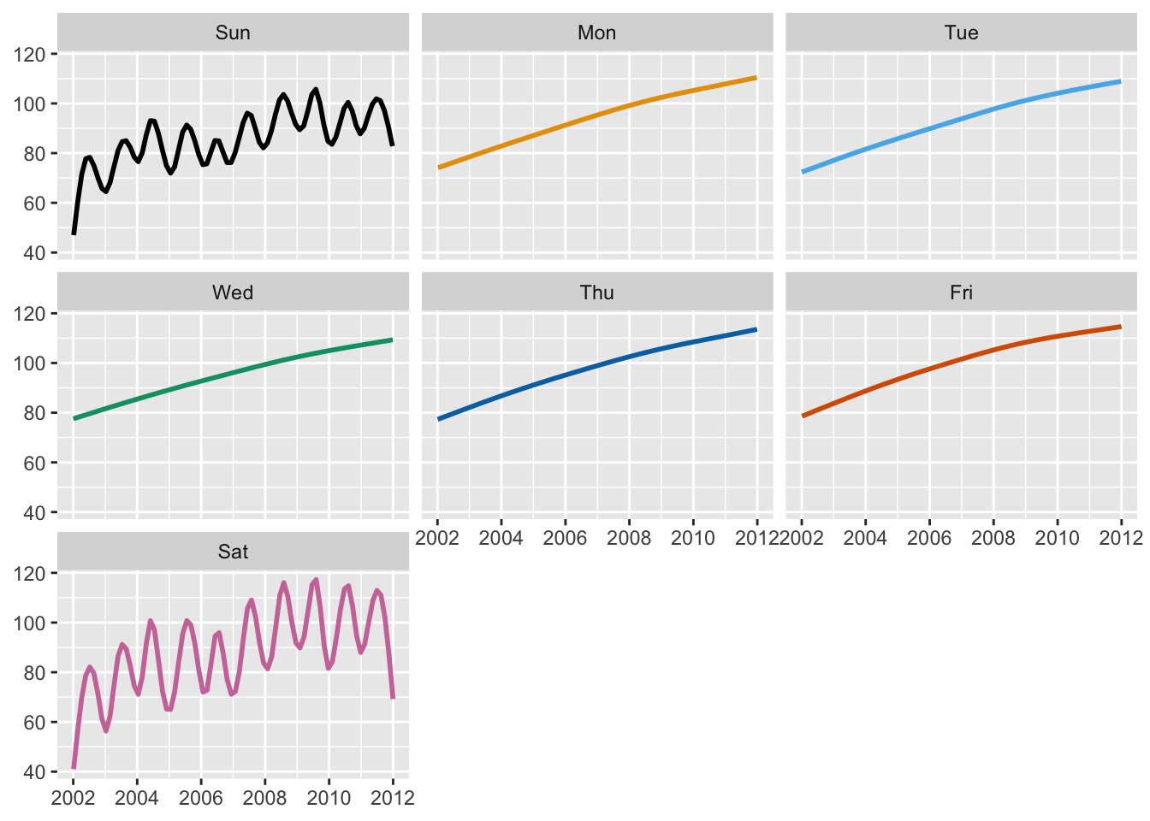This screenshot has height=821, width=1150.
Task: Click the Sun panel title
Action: (x=233, y=33)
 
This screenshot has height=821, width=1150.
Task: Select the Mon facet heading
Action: (x=596, y=33)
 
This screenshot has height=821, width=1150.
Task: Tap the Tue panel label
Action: (x=961, y=33)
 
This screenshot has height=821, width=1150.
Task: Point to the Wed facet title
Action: (x=233, y=292)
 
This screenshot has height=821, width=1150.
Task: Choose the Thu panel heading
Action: (x=596, y=292)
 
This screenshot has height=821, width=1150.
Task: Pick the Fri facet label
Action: (x=961, y=292)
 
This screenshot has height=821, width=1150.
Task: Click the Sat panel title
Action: (x=233, y=552)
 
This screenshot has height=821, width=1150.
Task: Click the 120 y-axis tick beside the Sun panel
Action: (x=30, y=55)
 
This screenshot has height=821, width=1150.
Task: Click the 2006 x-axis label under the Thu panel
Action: (x=565, y=538)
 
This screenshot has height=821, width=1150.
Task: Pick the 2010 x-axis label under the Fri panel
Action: (x=1057, y=538)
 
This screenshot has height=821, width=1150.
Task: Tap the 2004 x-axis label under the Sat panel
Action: (x=137, y=798)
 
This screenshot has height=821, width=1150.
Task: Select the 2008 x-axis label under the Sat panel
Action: (x=264, y=798)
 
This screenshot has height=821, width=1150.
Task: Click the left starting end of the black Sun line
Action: (x=74, y=233)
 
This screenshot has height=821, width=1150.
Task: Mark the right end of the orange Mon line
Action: (x=756, y=78)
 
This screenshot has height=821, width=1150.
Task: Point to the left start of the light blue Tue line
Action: (x=803, y=172)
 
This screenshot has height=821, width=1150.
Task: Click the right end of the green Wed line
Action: (x=392, y=340)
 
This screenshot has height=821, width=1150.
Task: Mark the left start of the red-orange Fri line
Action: (x=803, y=416)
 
